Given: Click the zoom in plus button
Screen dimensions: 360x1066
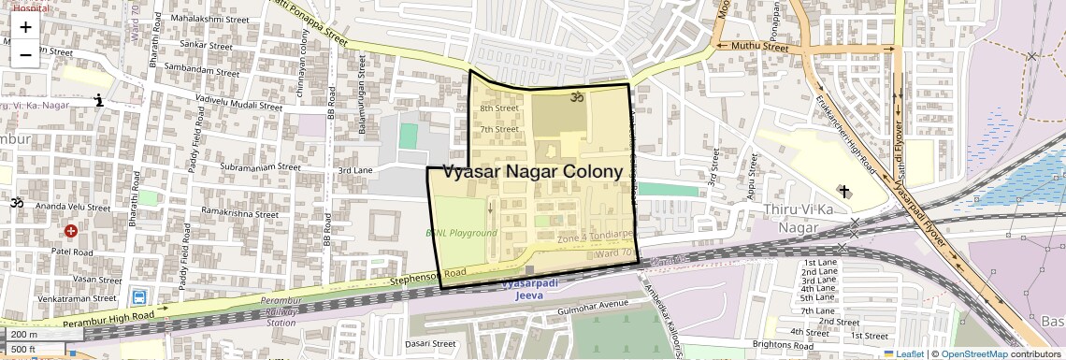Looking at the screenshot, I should tap(25, 27).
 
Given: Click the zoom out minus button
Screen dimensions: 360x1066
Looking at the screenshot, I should tap(25, 54).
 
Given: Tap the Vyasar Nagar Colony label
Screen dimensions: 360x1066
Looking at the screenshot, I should tap(532, 171).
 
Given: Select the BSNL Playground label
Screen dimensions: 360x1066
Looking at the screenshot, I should tap(462, 233).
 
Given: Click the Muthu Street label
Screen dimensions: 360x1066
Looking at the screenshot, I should tap(759, 45).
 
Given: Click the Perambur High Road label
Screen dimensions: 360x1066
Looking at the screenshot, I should tap(103, 318).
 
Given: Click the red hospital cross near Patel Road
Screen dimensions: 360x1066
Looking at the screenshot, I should tap(71, 231).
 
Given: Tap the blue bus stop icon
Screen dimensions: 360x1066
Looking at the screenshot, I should tap(139, 297).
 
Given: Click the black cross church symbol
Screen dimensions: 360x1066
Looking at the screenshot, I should tap(844, 192).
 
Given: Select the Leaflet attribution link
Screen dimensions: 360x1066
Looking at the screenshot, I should tap(903, 354).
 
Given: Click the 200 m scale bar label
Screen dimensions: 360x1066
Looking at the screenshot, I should tap(24, 335).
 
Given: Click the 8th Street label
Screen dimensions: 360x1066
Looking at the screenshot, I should tap(499, 109).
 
